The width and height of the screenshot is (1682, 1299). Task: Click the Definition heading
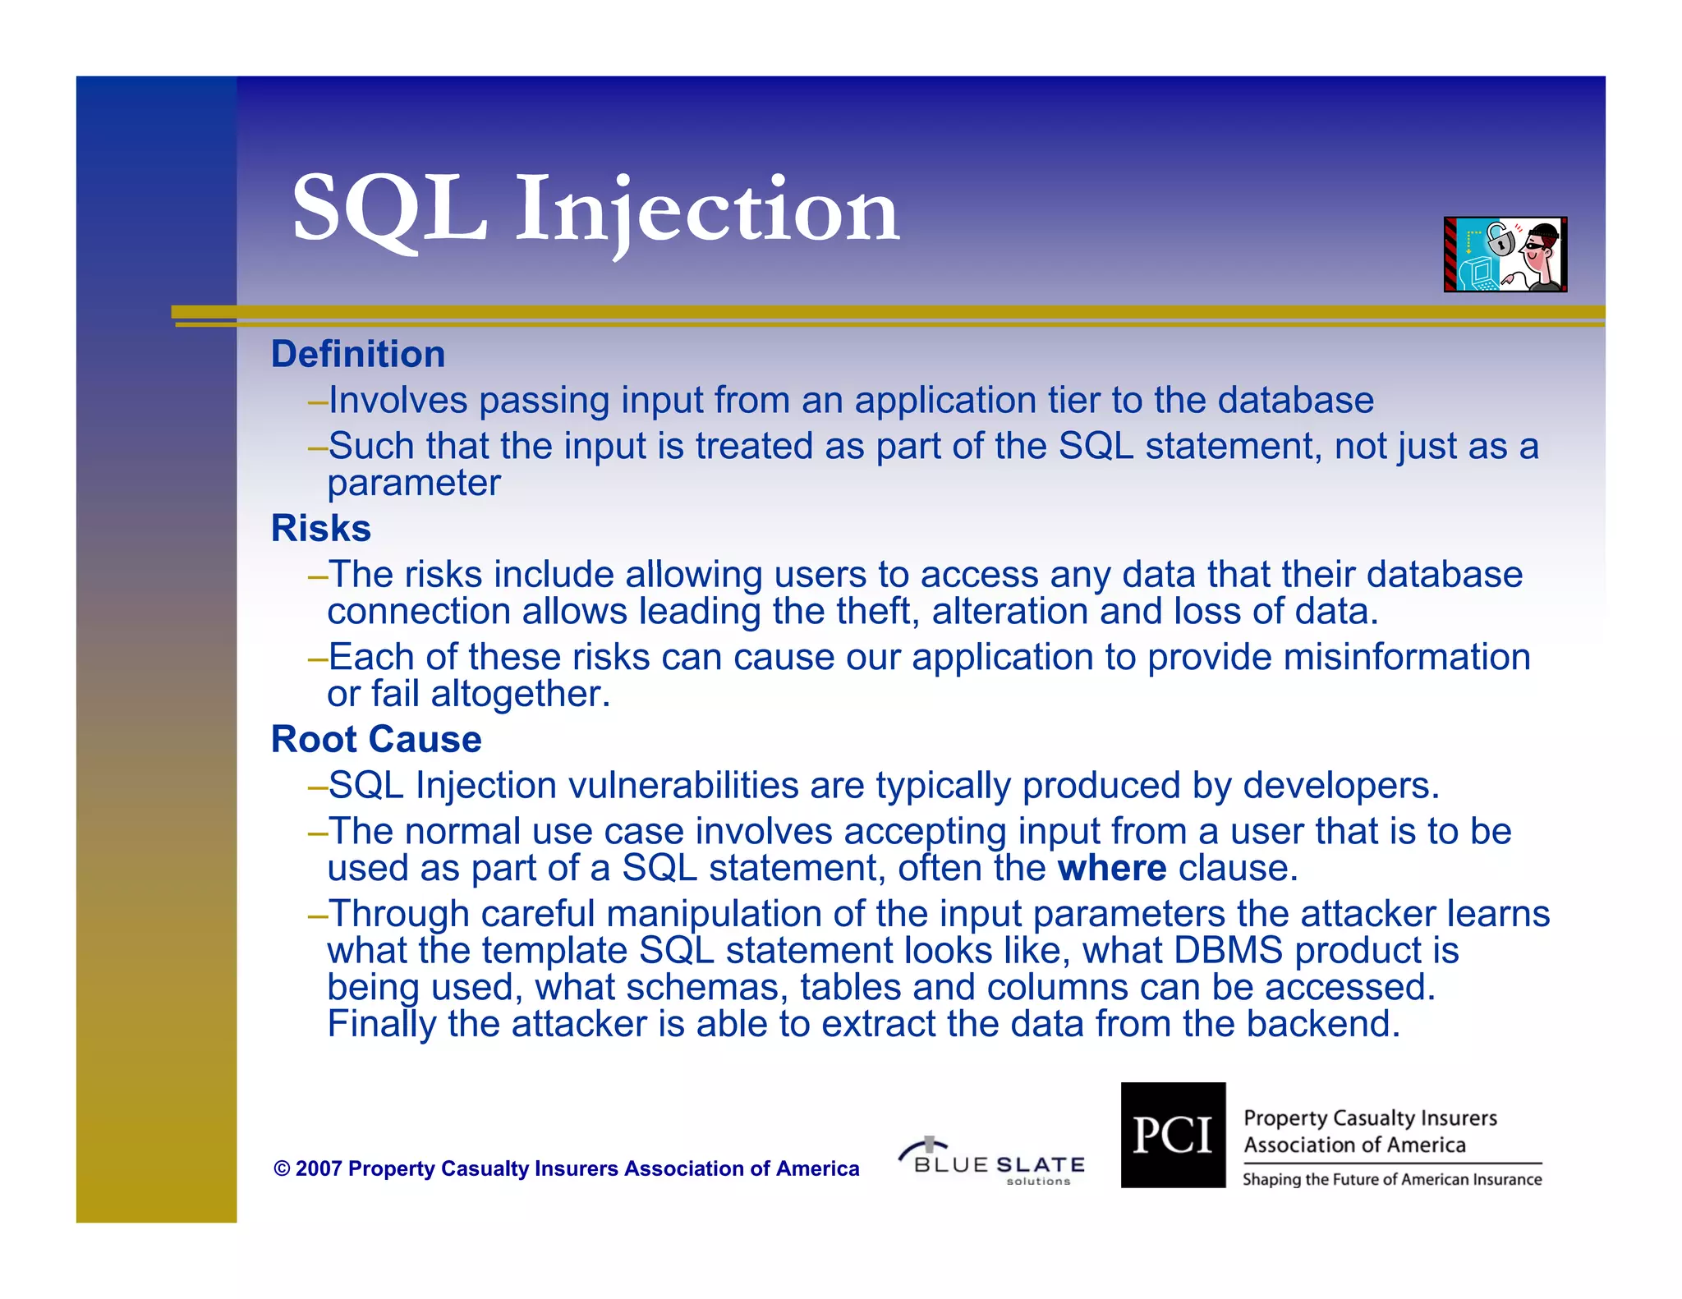point(358,355)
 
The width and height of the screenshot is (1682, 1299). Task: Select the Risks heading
point(321,528)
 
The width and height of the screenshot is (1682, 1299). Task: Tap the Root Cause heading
point(376,739)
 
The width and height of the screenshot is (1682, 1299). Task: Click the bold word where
point(1111,868)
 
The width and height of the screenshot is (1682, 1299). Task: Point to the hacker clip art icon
point(1505,254)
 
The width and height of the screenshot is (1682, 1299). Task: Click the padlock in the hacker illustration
point(1500,241)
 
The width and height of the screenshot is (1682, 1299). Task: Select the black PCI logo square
point(1173,1135)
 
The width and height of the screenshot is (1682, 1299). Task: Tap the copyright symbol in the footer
point(282,1169)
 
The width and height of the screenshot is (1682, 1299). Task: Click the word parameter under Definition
point(413,483)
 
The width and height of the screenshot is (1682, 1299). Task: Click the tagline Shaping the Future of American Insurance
point(1391,1180)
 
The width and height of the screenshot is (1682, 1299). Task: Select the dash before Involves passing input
point(318,402)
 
